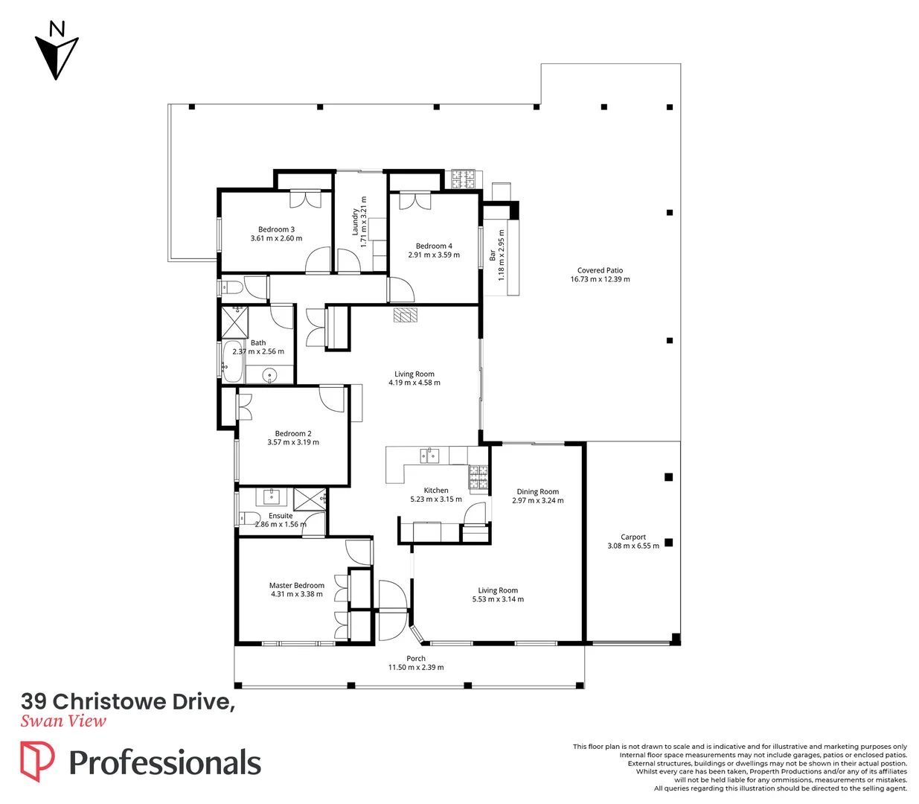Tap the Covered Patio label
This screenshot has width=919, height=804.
click(600, 270)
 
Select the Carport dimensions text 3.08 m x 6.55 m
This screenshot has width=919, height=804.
click(633, 546)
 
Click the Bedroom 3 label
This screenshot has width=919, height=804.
click(276, 229)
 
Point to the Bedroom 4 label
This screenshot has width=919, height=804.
click(434, 246)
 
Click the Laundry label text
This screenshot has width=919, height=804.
click(356, 221)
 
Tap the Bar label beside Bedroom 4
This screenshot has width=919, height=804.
click(493, 255)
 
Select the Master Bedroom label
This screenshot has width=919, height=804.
click(296, 585)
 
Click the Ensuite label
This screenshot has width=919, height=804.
click(281, 515)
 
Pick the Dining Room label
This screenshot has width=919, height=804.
click(537, 491)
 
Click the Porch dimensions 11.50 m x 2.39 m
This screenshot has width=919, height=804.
click(415, 667)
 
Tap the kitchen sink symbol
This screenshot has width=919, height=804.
click(429, 455)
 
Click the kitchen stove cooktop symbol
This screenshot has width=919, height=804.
click(478, 473)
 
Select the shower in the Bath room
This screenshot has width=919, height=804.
click(234, 321)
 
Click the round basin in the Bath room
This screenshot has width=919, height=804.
click(269, 374)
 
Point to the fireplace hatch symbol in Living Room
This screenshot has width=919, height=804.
click(406, 316)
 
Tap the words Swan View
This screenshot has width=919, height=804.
click(63, 721)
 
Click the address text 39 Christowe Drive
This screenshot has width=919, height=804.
click(127, 701)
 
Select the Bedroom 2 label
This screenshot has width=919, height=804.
click(293, 433)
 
